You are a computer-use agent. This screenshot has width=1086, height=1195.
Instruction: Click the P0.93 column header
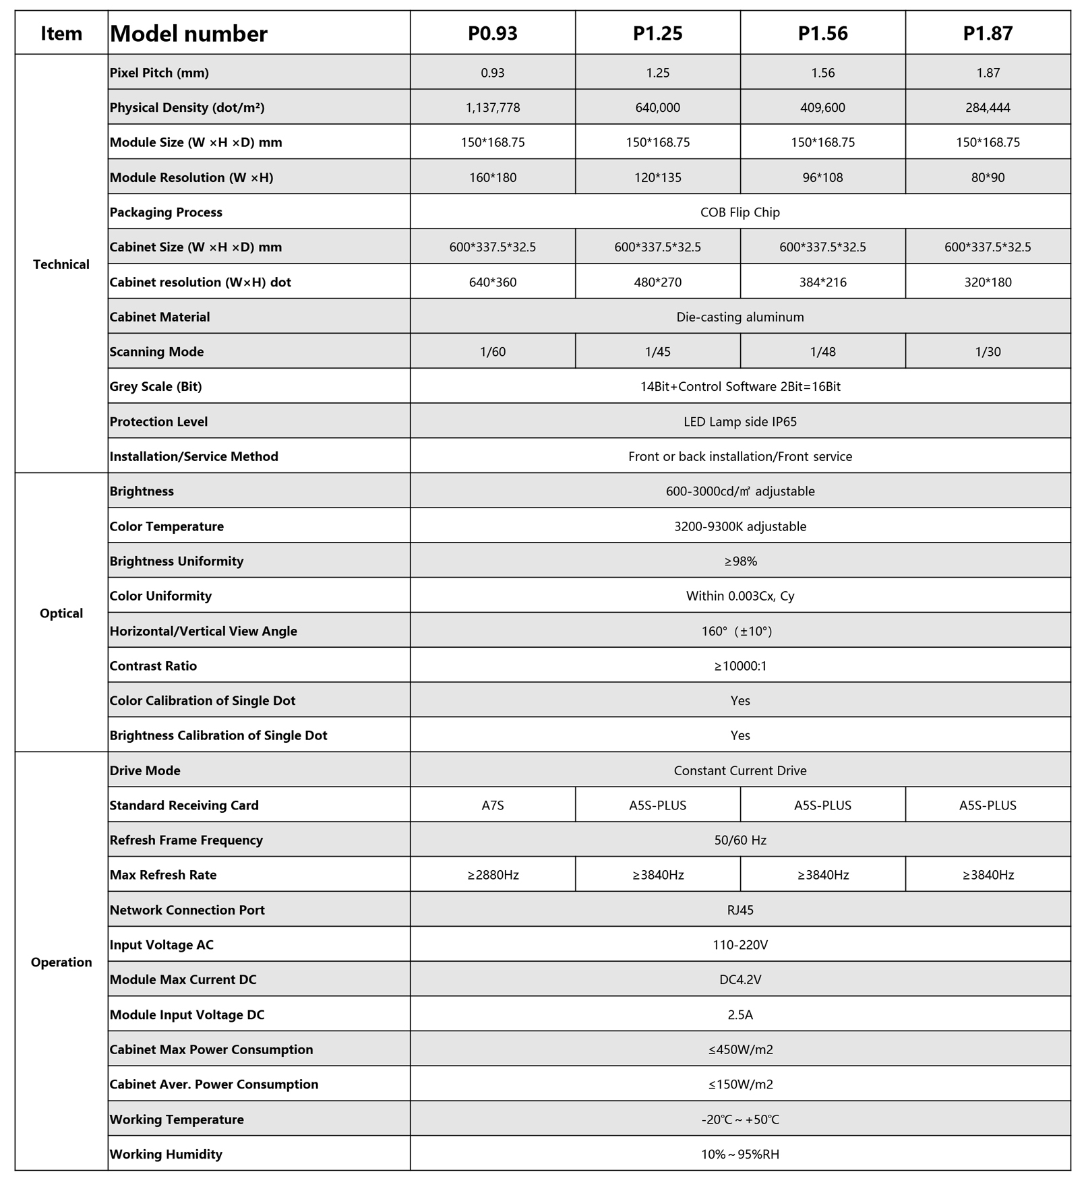(492, 33)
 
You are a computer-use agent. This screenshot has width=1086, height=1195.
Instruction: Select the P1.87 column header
(987, 33)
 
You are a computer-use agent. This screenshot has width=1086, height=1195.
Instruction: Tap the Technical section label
(61, 264)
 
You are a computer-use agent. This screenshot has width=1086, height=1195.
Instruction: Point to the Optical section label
(61, 613)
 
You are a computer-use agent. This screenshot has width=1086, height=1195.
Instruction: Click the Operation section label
(61, 962)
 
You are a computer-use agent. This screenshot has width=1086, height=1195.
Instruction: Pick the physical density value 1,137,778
(492, 108)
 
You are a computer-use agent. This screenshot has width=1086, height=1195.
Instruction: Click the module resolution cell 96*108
(822, 177)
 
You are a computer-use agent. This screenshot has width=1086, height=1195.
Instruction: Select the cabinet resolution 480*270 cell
(657, 282)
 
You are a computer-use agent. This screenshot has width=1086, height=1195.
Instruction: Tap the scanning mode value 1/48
(822, 352)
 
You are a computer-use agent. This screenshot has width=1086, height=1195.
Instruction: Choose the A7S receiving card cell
(492, 805)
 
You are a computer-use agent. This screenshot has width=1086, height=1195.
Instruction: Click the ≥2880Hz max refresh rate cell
(492, 875)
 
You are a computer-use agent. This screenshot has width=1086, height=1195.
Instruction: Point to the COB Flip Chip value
(740, 212)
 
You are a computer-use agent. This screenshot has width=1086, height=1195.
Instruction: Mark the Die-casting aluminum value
(740, 317)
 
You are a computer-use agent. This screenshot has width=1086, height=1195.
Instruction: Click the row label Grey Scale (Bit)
(156, 387)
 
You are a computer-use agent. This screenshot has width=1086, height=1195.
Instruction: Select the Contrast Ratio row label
(153, 666)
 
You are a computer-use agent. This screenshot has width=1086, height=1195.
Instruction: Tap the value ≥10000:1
(740, 666)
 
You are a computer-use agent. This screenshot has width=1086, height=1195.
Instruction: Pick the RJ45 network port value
(740, 910)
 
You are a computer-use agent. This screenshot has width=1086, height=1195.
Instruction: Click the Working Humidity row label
(166, 1154)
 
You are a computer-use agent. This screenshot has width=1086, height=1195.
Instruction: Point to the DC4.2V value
(740, 979)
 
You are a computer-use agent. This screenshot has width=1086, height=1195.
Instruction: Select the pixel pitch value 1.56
(822, 73)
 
